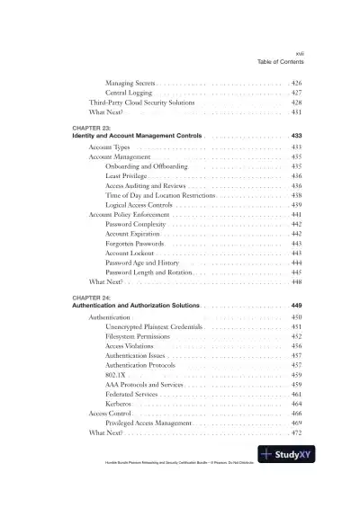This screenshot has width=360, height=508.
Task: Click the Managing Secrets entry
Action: point(130,83)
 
